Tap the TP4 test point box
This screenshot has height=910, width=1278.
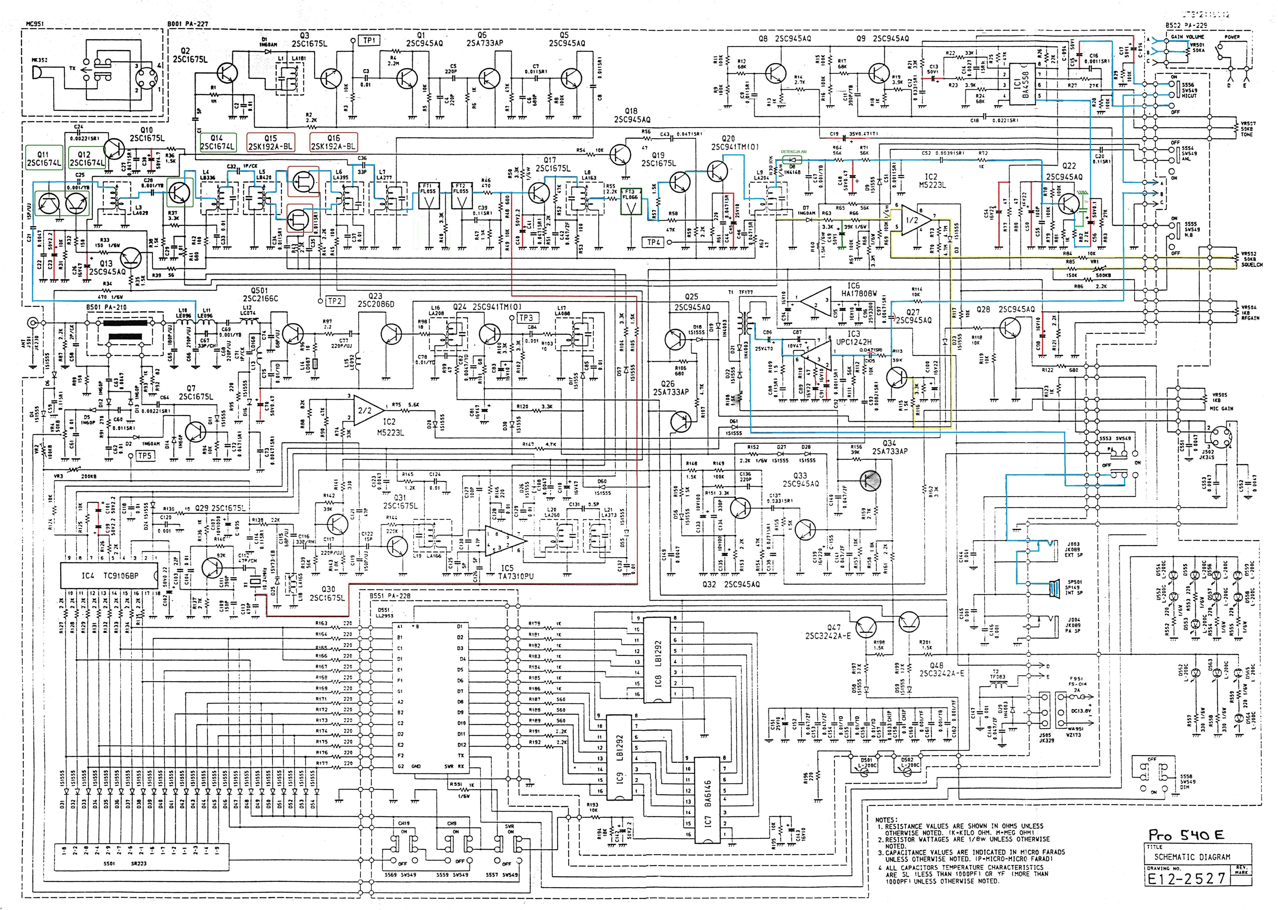pyautogui.click(x=654, y=242)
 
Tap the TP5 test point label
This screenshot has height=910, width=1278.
pyautogui.click(x=145, y=456)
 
